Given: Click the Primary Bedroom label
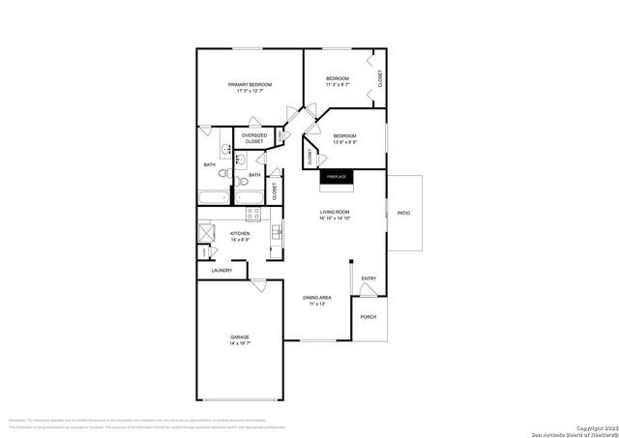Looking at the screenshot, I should point(250,85).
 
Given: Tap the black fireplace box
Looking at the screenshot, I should point(337,177).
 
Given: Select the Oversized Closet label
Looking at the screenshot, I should point(253,138).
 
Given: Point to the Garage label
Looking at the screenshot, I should point(240,337).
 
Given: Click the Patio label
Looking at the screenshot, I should point(404,212).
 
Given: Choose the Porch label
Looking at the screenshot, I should point(368,317).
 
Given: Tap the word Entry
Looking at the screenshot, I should point(368,278).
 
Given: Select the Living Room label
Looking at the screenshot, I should point(336,212).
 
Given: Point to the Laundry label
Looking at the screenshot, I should point(221,271).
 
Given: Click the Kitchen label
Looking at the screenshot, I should point(240,233).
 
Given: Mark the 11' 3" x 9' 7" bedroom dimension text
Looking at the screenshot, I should point(338,84).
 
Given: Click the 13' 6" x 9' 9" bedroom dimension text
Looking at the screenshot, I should point(345,142).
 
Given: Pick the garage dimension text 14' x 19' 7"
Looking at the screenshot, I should point(240,343).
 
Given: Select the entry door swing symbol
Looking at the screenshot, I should point(368,289).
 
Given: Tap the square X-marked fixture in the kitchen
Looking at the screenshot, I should point(208,233).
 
